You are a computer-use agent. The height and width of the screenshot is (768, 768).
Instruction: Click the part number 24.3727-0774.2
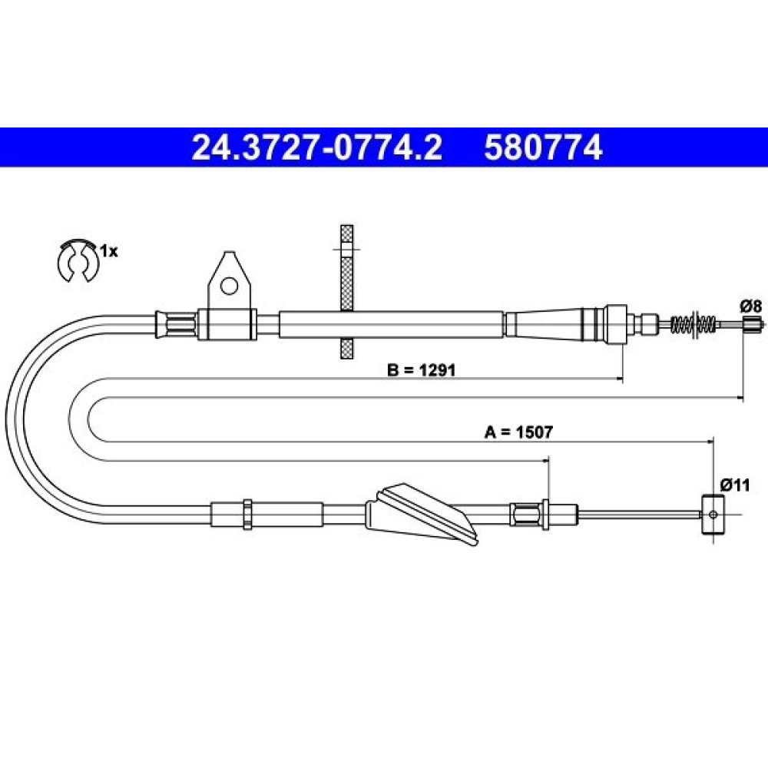pyautogui.click(x=316, y=147)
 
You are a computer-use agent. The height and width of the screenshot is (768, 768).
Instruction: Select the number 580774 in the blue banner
pyautogui.click(x=543, y=147)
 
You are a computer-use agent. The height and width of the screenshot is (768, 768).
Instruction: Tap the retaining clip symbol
pyautogui.click(x=78, y=262)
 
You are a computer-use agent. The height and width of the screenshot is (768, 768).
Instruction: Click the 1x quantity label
pyautogui.click(x=109, y=252)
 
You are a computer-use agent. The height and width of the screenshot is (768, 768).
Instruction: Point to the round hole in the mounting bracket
pyautogui.click(x=229, y=286)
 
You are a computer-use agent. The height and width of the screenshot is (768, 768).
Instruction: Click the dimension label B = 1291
pyautogui.click(x=421, y=370)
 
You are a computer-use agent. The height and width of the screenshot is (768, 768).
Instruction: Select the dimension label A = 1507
pyautogui.click(x=518, y=432)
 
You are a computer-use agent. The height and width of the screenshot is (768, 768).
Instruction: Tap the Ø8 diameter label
pyautogui.click(x=751, y=306)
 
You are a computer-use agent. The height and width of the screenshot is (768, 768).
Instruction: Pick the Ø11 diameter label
pyautogui.click(x=735, y=485)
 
